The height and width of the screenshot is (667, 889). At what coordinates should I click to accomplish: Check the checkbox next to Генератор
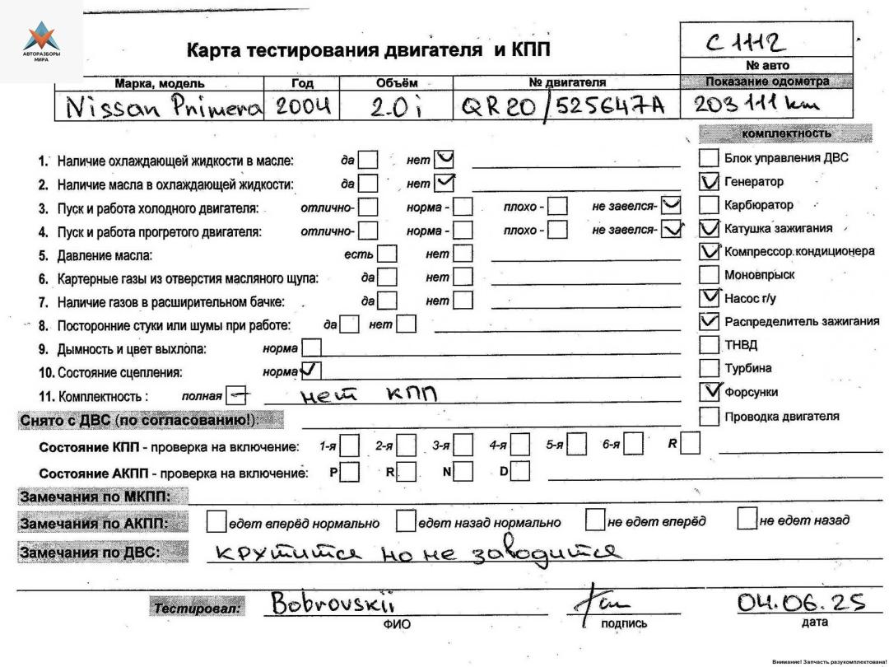tap(708, 181)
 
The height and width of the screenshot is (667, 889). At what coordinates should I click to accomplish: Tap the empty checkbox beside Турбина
tap(708, 368)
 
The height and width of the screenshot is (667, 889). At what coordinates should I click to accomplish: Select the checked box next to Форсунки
tap(708, 391)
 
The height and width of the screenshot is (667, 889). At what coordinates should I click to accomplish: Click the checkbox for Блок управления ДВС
tap(708, 157)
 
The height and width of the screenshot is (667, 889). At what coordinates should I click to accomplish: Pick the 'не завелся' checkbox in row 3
tap(672, 205)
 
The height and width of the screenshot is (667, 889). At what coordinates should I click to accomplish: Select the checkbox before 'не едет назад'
tap(746, 520)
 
